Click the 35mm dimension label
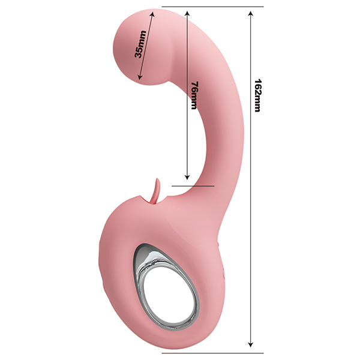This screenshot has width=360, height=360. [x=140, y=44]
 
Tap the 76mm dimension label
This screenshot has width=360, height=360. [x=194, y=95]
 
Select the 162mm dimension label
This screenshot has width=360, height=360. [x=258, y=95]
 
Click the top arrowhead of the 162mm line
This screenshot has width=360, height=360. [x=251, y=13]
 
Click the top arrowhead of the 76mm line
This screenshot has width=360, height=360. [x=187, y=13]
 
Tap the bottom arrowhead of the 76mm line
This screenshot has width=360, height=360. [x=187, y=177]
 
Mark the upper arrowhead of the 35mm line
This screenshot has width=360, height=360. [x=152, y=14]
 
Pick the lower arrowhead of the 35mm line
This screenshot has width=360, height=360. [x=139, y=77]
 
